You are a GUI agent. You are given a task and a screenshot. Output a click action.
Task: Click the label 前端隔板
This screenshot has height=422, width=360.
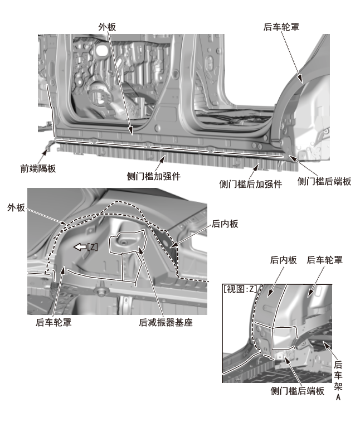coord(38,167)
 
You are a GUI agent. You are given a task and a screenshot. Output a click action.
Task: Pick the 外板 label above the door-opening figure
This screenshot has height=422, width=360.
coord(108,26)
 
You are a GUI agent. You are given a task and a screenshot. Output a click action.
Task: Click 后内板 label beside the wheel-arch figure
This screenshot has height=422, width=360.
coord(225,224)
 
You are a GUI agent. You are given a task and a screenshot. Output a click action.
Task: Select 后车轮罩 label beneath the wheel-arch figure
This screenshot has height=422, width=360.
coord(53,322)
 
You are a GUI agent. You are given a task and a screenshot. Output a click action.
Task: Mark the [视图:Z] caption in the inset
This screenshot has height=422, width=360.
coord(240,289)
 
